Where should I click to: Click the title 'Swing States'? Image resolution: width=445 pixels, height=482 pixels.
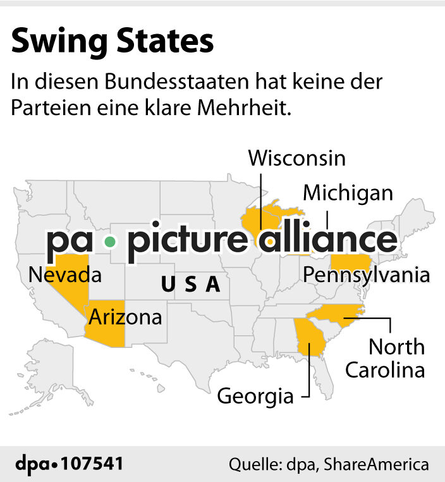(x=113, y=41)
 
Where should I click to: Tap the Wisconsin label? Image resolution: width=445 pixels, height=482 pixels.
(x=296, y=158)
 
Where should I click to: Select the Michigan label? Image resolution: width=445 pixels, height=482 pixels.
(x=348, y=193)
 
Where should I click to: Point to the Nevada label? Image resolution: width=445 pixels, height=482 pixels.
(x=65, y=275)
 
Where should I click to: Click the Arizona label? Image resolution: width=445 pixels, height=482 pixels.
(x=125, y=316)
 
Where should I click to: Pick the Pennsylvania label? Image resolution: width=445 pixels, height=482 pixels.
(x=367, y=275)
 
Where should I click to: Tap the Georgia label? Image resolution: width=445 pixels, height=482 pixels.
(x=255, y=397)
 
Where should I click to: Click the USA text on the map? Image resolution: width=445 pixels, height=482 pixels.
(x=191, y=285)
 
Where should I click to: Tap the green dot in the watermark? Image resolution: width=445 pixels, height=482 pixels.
(x=111, y=241)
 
